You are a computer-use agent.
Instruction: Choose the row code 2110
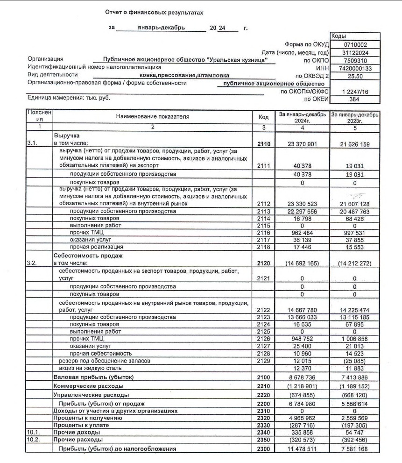pyautogui.click(x=264, y=144)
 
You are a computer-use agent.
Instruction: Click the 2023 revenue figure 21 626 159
pyautogui.click(x=354, y=144)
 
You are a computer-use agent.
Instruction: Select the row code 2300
pyautogui.click(x=264, y=449)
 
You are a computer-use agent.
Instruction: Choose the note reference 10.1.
pyautogui.click(x=33, y=433)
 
